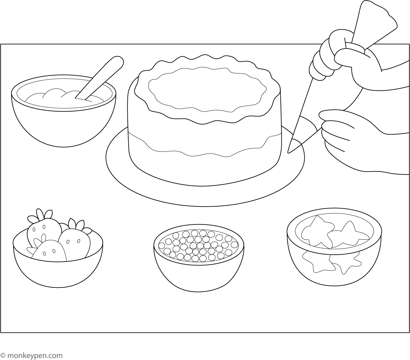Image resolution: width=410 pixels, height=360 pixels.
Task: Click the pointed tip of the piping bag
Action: pos(288,153)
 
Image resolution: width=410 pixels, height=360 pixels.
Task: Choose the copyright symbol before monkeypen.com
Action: pos(3,355)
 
